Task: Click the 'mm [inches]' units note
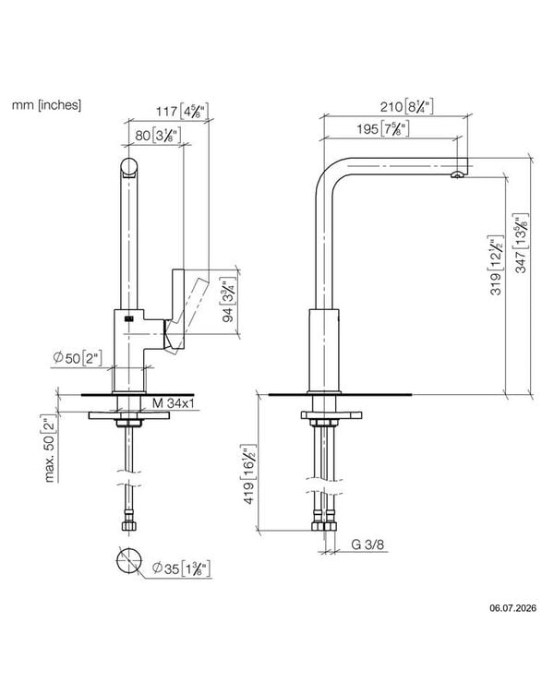46,105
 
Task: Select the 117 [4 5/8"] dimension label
182,111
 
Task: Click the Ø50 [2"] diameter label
78,358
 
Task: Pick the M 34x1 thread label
174,403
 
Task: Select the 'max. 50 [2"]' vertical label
50,448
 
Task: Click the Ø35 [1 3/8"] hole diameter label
181,568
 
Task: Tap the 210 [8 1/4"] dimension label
406,107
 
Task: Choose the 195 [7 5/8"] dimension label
382,129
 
